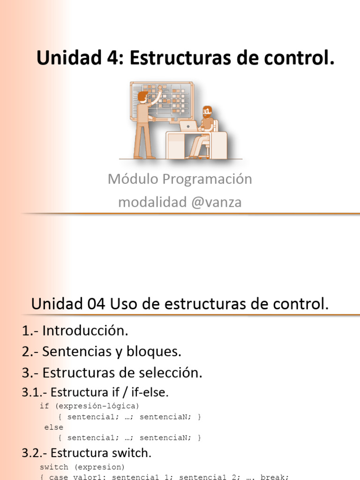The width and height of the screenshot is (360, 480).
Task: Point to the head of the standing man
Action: pos(142,96)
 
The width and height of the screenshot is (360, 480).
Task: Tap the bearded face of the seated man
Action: pos(207,112)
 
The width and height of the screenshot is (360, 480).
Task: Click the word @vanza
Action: pos(217,202)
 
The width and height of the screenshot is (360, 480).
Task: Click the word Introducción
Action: pos(85,330)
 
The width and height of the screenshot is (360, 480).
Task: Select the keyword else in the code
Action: pos(53,427)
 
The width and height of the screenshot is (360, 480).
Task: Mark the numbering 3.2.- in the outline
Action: pos(34,453)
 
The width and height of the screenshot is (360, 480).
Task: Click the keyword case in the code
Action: pos(58,477)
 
